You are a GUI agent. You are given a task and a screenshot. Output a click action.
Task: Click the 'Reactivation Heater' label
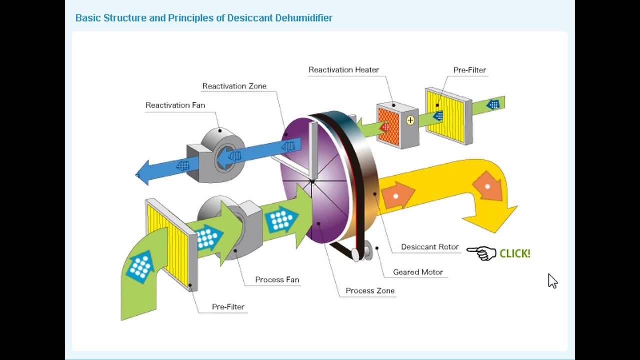pos(344,70)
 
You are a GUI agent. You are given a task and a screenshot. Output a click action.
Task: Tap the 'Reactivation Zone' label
pos(234,86)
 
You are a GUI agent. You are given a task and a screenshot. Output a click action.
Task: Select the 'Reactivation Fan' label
pos(175,105)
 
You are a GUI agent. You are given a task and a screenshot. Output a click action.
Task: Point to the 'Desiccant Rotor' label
pos(430,247)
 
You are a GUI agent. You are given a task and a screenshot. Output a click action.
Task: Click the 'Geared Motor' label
pos(418,272)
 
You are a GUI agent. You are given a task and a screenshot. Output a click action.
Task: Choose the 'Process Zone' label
pos(370,291)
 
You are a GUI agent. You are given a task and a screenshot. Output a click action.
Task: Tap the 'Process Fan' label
pos(277,279)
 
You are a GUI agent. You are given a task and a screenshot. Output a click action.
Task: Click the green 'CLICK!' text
pos(515,253)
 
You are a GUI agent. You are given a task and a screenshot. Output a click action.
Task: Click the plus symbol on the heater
pos(410,120)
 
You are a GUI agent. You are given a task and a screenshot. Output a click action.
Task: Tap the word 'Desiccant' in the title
pos(250,18)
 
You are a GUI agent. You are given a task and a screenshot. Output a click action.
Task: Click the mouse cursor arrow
pos(553,281)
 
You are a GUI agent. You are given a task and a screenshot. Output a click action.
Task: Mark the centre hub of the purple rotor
pos(312,181)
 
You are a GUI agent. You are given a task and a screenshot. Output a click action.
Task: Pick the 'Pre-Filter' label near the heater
pos(469,70)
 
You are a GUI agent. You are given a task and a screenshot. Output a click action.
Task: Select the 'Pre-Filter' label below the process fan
pos(228,307)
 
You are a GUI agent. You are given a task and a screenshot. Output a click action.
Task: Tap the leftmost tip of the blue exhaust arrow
pos(135,174)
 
